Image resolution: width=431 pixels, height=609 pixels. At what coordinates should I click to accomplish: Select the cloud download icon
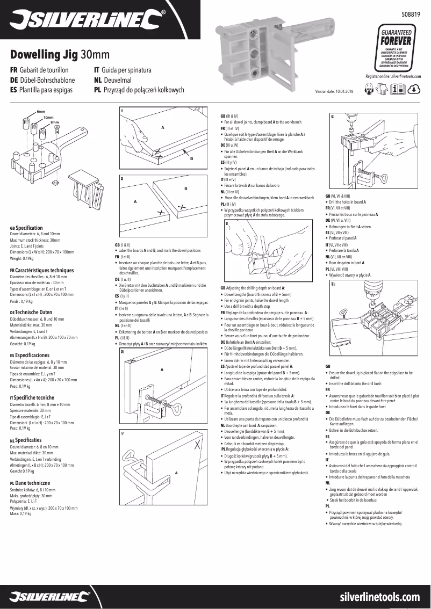coord(414,90)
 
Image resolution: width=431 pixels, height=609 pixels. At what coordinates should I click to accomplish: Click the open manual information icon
coord(400,90)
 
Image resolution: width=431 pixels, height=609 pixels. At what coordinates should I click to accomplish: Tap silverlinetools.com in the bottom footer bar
coord(380,597)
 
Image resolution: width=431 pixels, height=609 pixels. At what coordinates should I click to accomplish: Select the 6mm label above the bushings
coord(41,111)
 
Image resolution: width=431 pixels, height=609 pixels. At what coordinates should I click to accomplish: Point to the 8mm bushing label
coord(54,122)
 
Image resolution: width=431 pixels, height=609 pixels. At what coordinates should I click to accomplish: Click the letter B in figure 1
coord(191,160)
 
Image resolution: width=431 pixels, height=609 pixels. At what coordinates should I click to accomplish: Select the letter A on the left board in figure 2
coord(135,201)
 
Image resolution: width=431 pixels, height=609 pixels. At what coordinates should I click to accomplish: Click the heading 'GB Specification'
coord(27,228)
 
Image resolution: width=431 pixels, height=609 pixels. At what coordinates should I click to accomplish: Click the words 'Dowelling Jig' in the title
coord(44,55)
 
